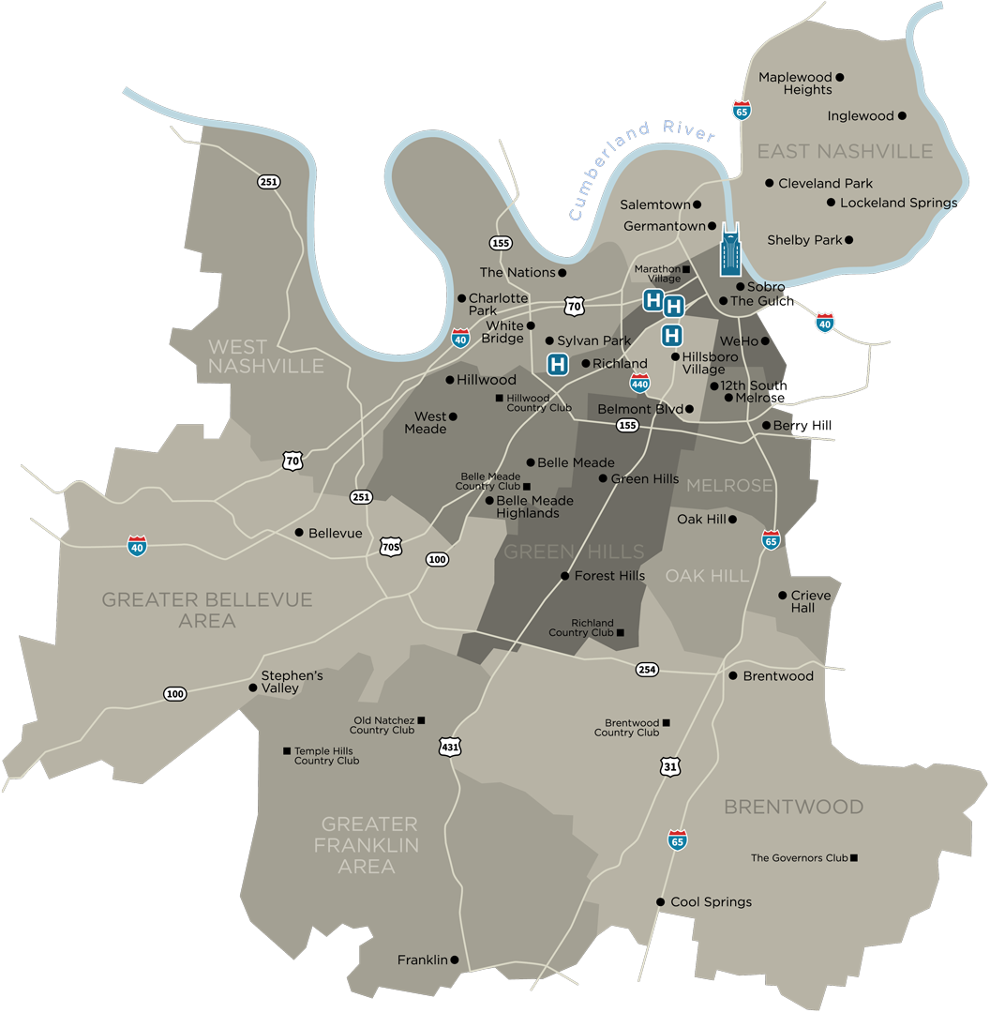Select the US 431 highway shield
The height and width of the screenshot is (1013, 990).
[449, 747]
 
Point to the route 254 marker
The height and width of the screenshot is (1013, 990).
[647, 669]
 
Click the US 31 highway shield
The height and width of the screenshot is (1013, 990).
[669, 766]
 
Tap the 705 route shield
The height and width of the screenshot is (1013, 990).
[391, 546]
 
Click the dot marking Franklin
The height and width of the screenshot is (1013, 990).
[455, 960]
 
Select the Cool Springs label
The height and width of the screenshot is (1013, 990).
[711, 901]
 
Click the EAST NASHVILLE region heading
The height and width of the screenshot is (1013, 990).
[845, 151]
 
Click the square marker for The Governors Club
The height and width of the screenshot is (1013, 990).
[853, 857]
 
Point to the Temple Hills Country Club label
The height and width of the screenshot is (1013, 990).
[326, 756]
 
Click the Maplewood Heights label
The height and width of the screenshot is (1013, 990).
[795, 83]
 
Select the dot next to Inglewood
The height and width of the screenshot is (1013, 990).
[902, 116]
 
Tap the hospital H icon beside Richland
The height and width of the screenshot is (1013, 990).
[558, 365]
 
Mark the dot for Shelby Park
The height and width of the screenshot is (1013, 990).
[849, 240]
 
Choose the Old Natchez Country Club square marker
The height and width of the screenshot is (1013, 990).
[421, 719]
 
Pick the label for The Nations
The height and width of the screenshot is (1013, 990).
[517, 272]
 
